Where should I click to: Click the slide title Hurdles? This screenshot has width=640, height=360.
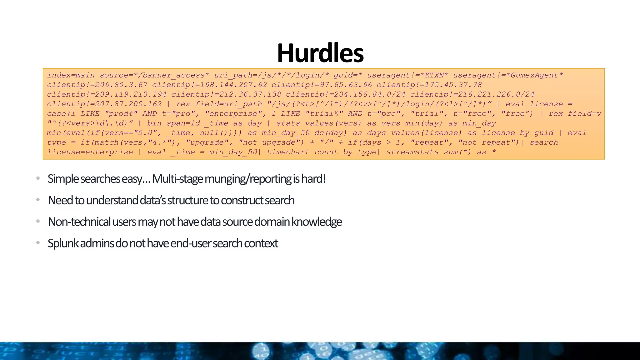pos(320,53)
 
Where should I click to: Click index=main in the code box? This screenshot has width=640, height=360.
pos(71,75)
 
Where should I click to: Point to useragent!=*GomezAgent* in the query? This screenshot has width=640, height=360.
pos(508,75)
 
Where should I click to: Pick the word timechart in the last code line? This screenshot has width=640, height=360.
pos(288,152)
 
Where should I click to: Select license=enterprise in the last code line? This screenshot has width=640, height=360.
pos(90,152)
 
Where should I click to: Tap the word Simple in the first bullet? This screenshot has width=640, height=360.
pos(63,179)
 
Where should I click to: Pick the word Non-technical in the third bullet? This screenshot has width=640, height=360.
pos(79,222)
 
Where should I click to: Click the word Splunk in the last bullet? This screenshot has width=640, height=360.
pos(63,243)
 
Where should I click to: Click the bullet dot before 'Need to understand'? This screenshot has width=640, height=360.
pos(38,200)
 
